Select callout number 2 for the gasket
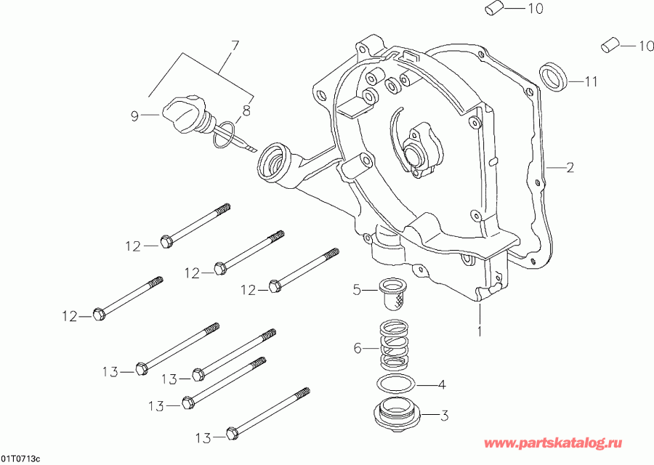click(x=570, y=168)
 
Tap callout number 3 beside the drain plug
click(x=445, y=416)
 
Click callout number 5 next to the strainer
click(x=357, y=291)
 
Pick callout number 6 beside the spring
click(x=357, y=348)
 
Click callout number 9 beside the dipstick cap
click(x=134, y=115)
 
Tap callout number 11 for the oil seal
click(x=591, y=82)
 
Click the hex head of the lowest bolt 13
click(x=232, y=434)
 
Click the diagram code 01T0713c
click(x=21, y=458)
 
